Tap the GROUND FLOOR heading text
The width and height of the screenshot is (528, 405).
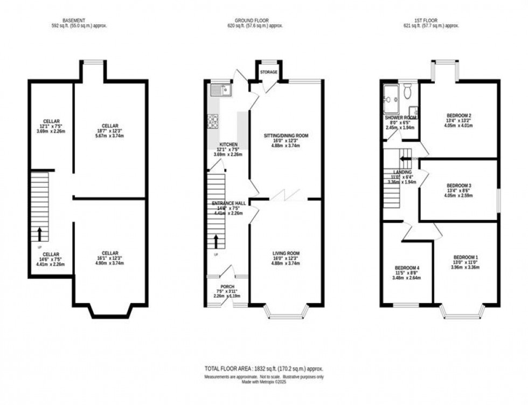click(x=263, y=20)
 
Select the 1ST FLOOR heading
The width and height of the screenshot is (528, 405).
click(x=439, y=20)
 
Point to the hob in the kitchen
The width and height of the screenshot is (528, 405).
click(x=213, y=122)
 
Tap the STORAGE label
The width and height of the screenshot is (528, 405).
click(x=268, y=72)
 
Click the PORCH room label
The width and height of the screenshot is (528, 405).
click(x=227, y=286)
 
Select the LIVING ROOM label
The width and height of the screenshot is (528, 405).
click(x=286, y=253)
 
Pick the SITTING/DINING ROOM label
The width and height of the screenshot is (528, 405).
click(x=286, y=135)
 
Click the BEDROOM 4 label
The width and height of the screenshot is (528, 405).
click(x=407, y=268)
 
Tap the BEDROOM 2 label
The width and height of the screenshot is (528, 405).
click(x=459, y=115)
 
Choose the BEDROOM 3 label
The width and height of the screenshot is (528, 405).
click(x=459, y=186)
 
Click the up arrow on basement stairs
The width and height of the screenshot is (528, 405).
click(x=39, y=234)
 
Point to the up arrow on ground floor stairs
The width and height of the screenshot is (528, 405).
click(x=216, y=241)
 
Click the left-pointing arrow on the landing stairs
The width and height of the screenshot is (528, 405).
click(x=403, y=158)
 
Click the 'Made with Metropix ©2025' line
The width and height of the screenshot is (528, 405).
click(x=263, y=382)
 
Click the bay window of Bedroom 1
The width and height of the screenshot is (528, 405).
click(x=463, y=312)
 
